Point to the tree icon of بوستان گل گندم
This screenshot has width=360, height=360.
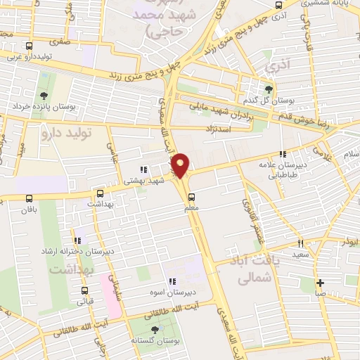coord(268,89)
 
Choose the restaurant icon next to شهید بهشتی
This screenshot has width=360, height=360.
coord(143,169)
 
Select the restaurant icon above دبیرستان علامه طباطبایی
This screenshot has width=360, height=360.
coord(283,155)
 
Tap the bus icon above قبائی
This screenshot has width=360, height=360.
coord(85,290)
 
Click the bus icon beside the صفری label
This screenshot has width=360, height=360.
coord(28,46)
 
